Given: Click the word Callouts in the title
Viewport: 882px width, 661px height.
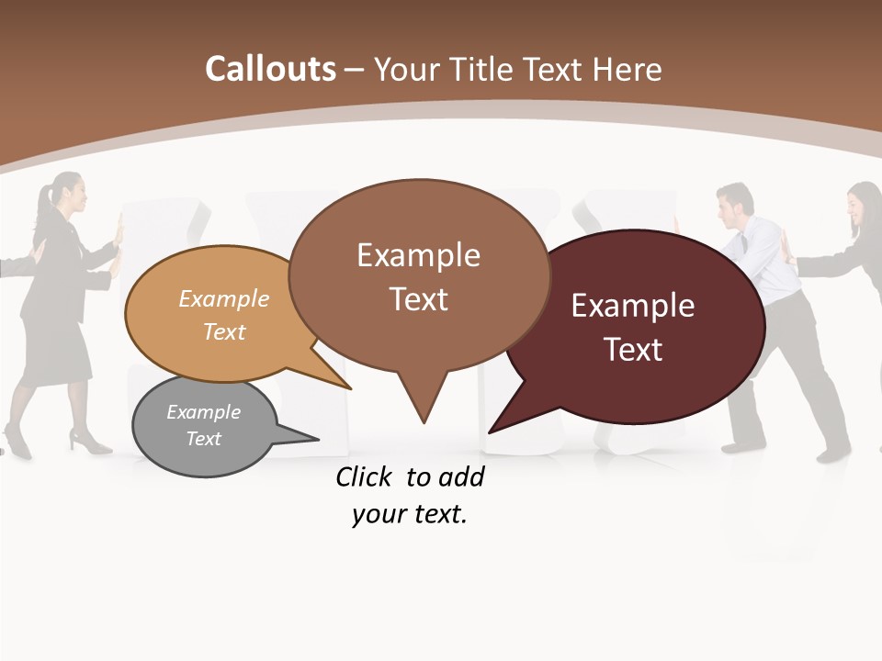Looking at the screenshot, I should (x=270, y=69).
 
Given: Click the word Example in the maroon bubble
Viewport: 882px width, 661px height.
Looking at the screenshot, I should (x=633, y=306).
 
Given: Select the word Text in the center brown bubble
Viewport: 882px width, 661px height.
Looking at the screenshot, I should (x=418, y=299).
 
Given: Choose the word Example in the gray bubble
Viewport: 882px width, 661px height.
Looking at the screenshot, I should (x=203, y=412).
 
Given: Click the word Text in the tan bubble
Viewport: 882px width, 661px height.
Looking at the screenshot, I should (x=224, y=331).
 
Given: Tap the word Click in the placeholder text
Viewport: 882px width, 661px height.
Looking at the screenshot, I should (x=363, y=476).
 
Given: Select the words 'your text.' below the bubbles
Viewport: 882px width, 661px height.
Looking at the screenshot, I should (x=410, y=514).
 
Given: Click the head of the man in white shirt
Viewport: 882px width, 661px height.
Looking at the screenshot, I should (x=735, y=201).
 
